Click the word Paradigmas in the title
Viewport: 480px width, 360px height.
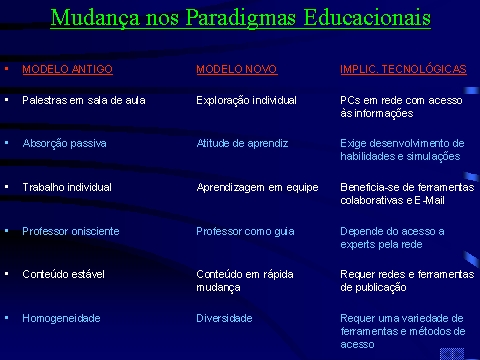240,18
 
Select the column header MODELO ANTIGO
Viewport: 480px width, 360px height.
67,69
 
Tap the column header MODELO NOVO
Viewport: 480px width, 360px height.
237,69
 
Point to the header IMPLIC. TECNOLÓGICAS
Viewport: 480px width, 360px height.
403,68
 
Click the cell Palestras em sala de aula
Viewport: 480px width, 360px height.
84,100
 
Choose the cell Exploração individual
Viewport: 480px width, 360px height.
246,101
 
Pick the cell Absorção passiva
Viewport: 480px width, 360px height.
64,144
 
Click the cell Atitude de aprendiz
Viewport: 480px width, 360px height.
242,143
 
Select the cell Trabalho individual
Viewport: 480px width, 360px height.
67,187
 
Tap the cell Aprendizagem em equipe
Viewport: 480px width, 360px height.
257,188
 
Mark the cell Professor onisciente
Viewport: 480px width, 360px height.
71,231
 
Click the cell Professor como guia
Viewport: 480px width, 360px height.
245,232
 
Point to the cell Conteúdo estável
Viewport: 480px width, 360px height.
63,274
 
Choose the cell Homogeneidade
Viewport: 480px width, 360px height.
61,318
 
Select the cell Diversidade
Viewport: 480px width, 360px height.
224,318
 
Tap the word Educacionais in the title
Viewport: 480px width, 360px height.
367,18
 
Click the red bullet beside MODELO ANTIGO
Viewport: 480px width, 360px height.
6,69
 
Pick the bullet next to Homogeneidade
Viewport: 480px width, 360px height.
6,318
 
